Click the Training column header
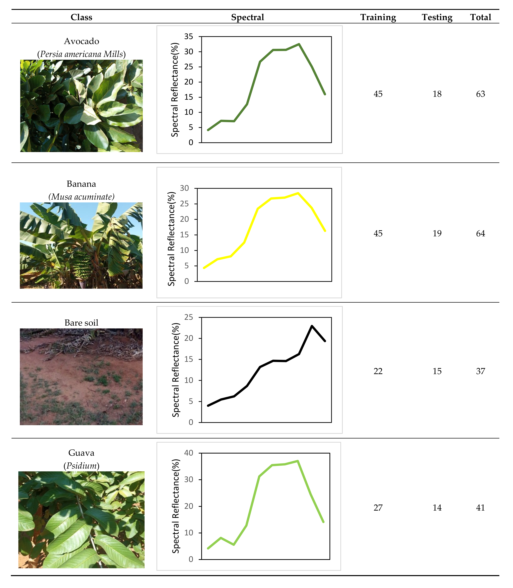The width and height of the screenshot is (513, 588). click(x=378, y=17)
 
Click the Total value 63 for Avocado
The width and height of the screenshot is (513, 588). click(x=480, y=94)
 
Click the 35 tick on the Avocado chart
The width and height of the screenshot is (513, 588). click(x=189, y=36)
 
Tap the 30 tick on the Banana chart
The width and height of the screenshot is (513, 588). click(x=185, y=188)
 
